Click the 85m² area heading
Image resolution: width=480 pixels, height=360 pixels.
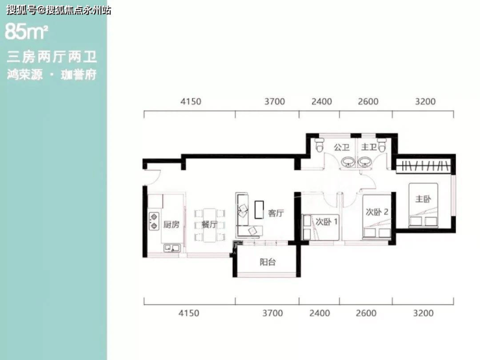27,32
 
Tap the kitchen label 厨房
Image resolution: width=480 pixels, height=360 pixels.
171,224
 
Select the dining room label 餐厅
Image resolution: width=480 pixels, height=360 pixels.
210,224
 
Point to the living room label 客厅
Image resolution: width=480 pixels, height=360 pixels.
276,213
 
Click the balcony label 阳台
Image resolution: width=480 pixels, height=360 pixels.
267,262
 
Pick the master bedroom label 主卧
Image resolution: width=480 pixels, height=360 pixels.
423,199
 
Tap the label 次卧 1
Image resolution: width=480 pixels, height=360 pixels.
327,221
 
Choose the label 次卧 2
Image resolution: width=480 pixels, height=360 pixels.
377,212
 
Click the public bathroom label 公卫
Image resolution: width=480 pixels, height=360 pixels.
342,147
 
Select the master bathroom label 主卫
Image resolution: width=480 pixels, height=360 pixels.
369,147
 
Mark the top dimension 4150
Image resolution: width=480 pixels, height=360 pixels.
191,101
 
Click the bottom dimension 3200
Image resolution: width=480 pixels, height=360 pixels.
424,313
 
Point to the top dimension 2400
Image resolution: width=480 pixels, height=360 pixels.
322,101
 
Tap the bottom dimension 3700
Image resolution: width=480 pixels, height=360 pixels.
272,313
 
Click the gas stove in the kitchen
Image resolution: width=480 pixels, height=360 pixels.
154,221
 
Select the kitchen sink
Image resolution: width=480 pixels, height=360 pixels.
172,248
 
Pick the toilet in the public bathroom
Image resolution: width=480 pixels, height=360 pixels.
320,145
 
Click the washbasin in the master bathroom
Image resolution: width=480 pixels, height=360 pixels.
365,162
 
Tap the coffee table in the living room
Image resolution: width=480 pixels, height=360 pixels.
259,210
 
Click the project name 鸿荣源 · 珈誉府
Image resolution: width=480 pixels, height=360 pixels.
52,75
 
